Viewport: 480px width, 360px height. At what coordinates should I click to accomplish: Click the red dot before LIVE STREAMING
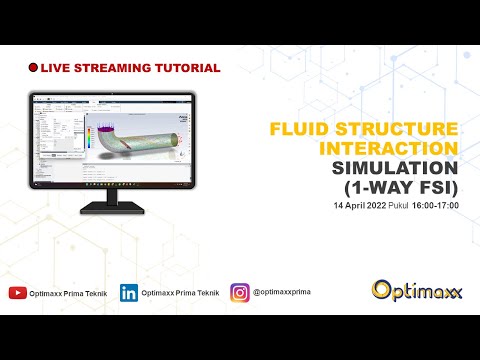pyautogui.click(x=34, y=68)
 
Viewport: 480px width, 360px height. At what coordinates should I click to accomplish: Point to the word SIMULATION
pyautogui.click(x=395, y=167)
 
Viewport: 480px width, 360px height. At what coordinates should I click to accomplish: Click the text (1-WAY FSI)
pyautogui.click(x=401, y=186)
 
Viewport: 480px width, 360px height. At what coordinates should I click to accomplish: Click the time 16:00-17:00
pyautogui.click(x=435, y=205)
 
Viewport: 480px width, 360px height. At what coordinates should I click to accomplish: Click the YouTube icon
pyautogui.click(x=18, y=293)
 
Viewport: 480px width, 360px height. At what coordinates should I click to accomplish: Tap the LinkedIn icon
pyautogui.click(x=129, y=293)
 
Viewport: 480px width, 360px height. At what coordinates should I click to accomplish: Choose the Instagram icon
pyautogui.click(x=240, y=293)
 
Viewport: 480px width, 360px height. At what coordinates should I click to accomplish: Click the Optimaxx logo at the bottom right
pyautogui.click(x=416, y=290)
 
